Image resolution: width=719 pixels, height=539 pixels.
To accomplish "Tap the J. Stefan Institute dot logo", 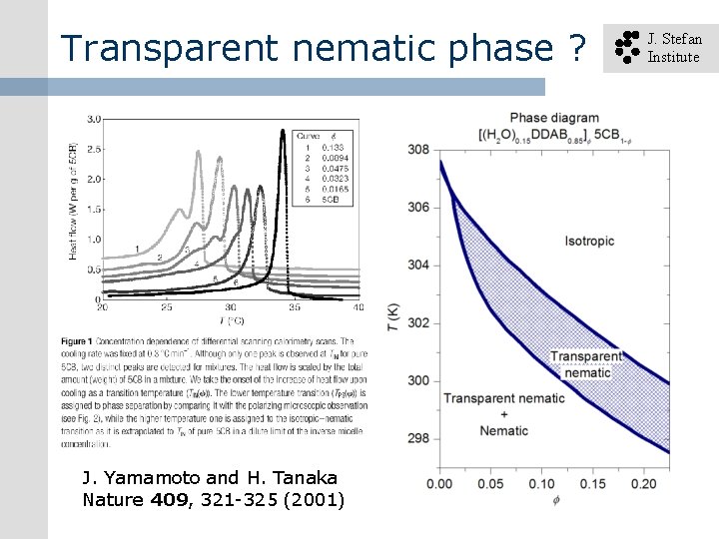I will pos(625,47).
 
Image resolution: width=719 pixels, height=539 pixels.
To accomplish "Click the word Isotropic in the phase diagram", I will pos(591,241).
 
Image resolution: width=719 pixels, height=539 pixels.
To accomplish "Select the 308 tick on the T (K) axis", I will pos(418,150).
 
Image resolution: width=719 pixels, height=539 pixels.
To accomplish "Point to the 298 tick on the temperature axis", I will pos(418,438).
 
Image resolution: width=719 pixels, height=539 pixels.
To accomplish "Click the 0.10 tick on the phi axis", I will pos(540,484).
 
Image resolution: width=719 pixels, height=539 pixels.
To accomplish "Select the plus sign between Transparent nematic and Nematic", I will pos(503,414).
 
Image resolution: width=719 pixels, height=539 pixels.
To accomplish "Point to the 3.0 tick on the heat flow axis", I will pos(94,119).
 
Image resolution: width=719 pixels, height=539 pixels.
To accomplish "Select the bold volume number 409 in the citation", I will pos(169,498).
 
